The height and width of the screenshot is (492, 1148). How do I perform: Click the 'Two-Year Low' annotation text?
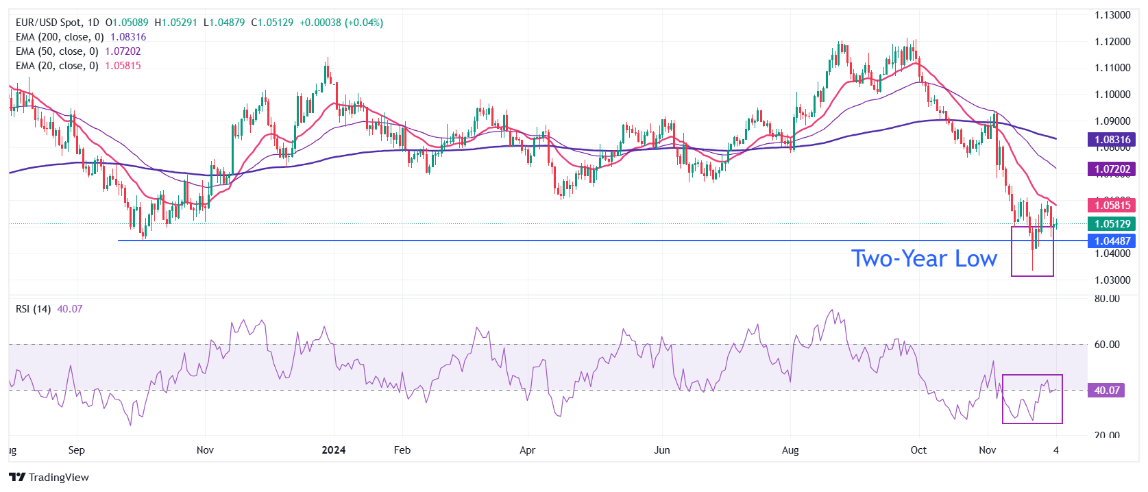923,259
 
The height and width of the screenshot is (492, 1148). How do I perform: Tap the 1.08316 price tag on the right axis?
1112,140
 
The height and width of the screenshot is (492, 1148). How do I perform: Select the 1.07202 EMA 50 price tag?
1112,169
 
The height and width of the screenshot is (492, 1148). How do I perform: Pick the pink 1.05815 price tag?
1112,205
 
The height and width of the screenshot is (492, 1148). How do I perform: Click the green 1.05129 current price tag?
1112,224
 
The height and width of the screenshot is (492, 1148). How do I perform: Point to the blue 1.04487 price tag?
1112,241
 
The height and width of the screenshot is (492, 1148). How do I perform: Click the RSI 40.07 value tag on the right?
1107,391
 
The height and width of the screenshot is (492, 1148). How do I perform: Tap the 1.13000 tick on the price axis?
1112,15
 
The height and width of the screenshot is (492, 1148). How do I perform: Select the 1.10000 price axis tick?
1112,95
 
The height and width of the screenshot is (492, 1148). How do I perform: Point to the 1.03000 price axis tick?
1112,280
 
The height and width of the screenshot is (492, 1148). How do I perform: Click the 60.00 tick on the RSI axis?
1107,345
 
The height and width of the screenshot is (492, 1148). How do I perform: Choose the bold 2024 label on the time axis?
334,450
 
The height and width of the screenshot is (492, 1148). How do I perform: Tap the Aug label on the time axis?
790,450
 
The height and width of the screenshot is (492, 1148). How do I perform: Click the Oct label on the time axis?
918,450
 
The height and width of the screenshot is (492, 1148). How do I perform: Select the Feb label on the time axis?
402,450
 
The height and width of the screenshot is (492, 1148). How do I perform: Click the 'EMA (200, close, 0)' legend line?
60,37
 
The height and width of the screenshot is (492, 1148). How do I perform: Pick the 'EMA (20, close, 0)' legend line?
57,66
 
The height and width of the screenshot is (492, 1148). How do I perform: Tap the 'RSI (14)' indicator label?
33,309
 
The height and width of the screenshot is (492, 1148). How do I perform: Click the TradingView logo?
49,478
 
